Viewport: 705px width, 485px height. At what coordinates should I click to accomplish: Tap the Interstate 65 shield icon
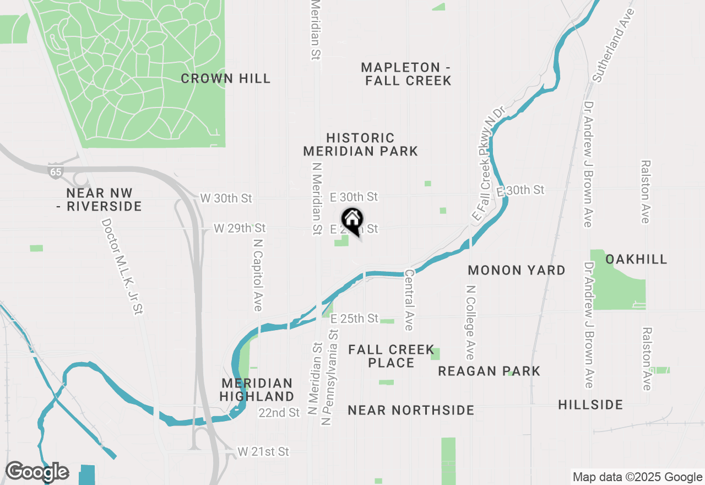point(55,171)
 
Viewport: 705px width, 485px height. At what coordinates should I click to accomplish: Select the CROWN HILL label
point(226,79)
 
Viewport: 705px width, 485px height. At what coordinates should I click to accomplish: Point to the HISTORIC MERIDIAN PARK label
point(360,144)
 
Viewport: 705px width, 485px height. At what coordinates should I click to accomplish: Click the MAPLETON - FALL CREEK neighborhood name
point(406,74)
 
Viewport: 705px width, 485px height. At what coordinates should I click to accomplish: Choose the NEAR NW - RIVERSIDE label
point(104,200)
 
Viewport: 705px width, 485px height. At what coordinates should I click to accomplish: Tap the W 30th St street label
point(226,197)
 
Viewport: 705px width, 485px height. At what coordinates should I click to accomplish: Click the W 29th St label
point(240,228)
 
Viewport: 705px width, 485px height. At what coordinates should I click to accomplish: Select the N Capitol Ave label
point(257,274)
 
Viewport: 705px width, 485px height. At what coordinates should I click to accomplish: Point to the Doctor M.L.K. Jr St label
point(122,266)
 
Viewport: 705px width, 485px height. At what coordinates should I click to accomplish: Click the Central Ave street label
point(409,300)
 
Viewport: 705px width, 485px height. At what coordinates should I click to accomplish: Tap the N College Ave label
point(470,322)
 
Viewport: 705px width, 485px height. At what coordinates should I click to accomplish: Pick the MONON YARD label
point(516,270)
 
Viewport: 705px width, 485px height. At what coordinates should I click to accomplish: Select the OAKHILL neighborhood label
point(636,259)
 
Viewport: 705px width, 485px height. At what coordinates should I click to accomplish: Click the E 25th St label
point(354,319)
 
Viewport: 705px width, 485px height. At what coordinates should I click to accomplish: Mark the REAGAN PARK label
point(489,371)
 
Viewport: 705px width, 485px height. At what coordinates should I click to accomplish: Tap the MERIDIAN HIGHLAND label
point(257,390)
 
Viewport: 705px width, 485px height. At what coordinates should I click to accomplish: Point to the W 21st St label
point(263,452)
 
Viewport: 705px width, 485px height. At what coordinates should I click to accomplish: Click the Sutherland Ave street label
point(612,45)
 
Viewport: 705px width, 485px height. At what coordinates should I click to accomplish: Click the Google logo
point(37,472)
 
